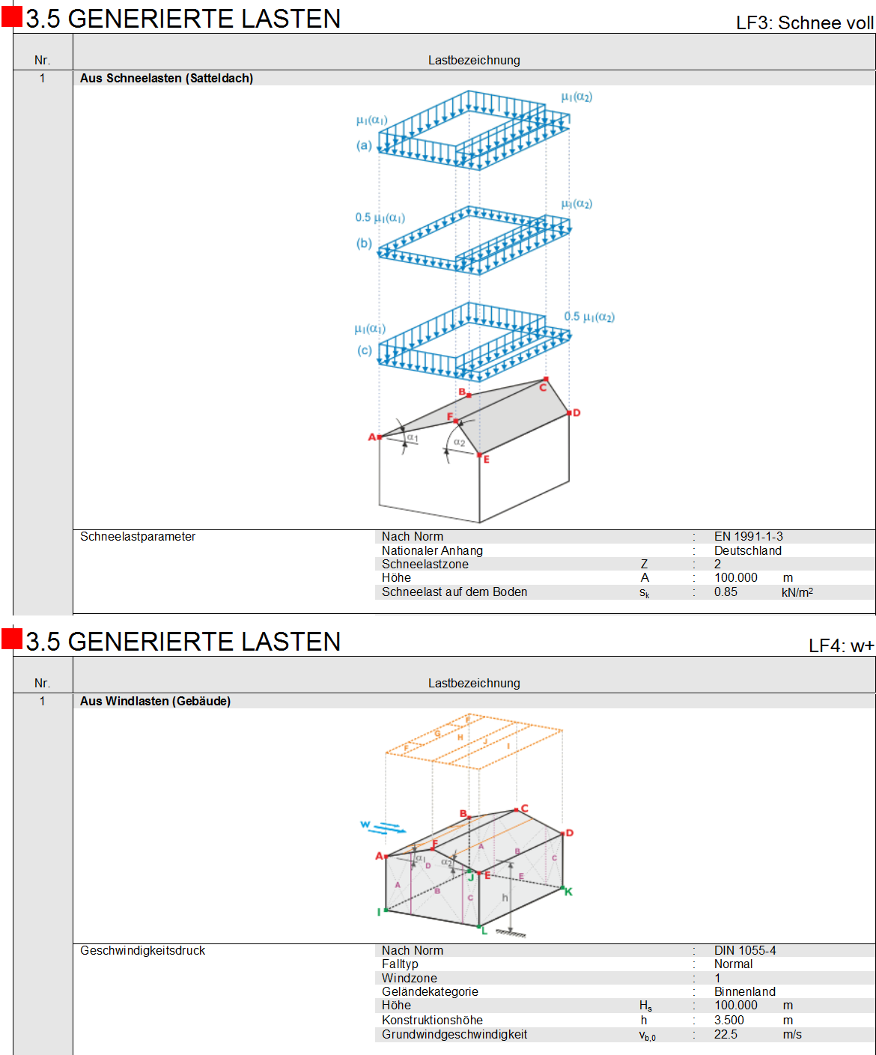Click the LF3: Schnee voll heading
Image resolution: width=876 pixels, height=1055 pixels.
804,22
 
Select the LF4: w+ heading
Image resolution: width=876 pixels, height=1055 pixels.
841,645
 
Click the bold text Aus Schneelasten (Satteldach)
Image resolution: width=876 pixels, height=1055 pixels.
166,79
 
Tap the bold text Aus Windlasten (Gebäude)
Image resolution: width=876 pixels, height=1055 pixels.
155,702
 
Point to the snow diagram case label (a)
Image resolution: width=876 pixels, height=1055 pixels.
364,145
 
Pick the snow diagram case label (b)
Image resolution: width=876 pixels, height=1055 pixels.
364,243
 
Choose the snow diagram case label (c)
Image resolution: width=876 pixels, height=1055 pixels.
364,350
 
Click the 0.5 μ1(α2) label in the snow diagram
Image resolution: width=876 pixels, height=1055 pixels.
589,317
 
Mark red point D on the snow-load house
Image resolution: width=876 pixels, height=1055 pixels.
569,413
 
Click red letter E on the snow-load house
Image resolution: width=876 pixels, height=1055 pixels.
487,460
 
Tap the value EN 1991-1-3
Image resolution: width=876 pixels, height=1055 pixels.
748,537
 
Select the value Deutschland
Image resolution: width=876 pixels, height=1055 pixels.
748,551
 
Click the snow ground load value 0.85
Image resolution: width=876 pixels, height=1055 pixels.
726,592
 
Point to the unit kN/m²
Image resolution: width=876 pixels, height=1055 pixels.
797,592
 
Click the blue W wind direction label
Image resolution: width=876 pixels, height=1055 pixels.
365,824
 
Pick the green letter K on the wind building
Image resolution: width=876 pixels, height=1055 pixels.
568,893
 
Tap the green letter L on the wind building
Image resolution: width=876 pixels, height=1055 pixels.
484,931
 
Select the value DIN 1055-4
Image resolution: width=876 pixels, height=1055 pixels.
745,951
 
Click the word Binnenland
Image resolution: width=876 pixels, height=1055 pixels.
745,992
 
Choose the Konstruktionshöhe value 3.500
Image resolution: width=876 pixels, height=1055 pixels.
729,1020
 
